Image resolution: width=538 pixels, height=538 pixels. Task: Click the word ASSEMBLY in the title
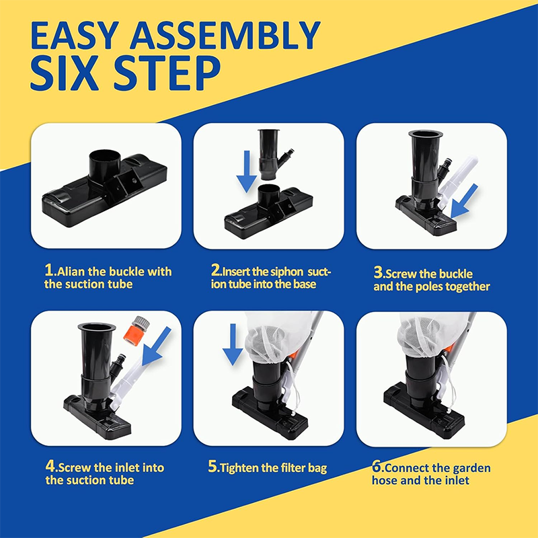coord(225,36)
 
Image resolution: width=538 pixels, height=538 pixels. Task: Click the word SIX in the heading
coord(65,74)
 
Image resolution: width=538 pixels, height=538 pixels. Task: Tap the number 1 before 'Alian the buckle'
coord(48,270)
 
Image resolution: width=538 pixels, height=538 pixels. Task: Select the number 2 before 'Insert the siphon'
coord(215,270)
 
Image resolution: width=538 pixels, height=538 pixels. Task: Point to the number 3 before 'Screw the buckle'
coord(378,272)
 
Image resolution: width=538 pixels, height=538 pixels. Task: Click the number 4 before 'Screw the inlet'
coord(50,466)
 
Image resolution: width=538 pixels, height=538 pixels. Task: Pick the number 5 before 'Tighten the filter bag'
coord(213,466)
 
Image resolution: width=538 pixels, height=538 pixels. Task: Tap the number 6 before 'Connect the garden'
coord(377,467)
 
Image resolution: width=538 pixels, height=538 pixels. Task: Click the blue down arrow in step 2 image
coord(246,171)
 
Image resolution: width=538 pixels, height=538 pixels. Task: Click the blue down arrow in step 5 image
coord(233,344)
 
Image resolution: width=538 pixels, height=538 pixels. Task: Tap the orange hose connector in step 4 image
coord(137,331)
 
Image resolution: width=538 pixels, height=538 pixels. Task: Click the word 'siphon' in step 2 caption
coord(286,272)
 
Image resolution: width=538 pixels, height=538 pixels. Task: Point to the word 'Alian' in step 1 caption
coord(71,272)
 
